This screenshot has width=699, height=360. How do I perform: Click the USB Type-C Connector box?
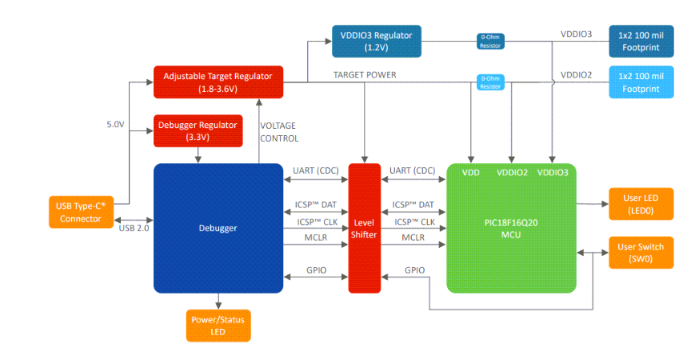coord(80,212)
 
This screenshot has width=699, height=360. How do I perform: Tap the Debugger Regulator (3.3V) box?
coord(197,131)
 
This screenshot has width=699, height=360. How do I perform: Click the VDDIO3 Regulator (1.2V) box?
coord(376,41)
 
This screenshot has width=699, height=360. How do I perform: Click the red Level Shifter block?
coord(363,227)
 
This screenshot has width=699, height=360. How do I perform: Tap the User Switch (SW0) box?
coord(641,253)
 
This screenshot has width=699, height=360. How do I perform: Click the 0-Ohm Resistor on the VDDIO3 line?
coord(490,40)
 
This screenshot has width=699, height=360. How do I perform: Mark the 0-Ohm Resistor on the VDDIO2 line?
coord(490,82)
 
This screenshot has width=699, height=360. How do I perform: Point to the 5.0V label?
coord(115,125)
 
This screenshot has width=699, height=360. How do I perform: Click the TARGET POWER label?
coord(365,74)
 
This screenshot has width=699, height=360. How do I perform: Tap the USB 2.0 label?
coord(134,228)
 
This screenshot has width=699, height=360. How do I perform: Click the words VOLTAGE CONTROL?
coord(279,132)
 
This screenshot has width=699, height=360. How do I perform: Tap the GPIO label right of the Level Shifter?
coord(414,271)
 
